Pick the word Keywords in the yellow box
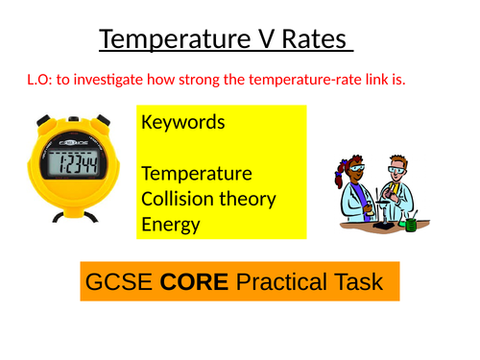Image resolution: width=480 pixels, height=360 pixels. point(183,123)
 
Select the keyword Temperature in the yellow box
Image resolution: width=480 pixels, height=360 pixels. point(197,174)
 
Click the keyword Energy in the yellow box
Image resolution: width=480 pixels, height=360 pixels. point(171,224)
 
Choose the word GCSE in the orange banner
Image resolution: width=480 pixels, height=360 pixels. point(119,283)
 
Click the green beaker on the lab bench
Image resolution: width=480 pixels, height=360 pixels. point(411,223)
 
